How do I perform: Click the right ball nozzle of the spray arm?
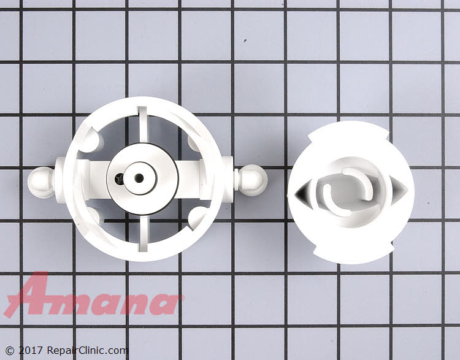click(x=253, y=180)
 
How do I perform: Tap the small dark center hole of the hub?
click(x=139, y=178)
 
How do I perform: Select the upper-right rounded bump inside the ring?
click(x=194, y=143)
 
